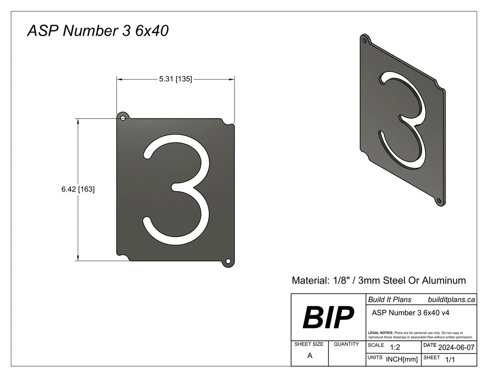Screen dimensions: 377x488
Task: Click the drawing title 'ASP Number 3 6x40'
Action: coord(97,31)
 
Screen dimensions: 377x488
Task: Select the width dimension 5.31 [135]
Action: coord(175,79)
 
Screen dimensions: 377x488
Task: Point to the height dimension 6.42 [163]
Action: coord(78,189)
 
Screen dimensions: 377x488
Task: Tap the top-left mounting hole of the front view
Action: coord(122,117)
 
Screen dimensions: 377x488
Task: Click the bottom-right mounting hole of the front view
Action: coord(228,261)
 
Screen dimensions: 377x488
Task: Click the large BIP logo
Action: coord(328,317)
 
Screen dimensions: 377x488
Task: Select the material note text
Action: coord(378,280)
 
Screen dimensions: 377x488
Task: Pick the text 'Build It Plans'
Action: coord(389,299)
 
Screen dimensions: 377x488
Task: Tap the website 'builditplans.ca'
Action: coord(451,299)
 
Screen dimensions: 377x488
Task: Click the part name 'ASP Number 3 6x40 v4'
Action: coord(410,313)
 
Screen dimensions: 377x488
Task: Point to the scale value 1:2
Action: coord(395,347)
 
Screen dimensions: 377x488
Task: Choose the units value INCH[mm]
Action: coord(402,359)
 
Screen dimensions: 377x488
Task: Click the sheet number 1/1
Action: coord(449,360)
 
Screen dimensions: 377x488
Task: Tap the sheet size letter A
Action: coord(310,356)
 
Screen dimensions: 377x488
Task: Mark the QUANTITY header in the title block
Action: coord(346,344)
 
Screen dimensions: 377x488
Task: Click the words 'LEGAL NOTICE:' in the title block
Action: coord(381,332)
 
